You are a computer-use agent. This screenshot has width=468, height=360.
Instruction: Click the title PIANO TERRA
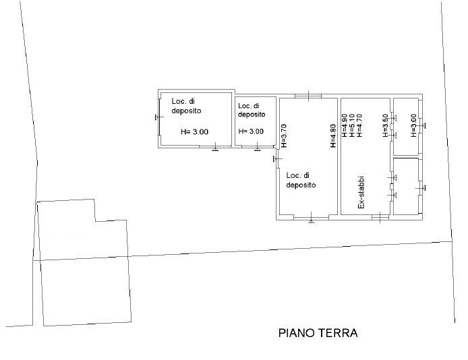318,333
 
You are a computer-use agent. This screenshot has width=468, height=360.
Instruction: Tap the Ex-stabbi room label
361,192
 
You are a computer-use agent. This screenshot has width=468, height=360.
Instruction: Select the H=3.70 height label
283,136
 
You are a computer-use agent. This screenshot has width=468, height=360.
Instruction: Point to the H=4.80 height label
333,136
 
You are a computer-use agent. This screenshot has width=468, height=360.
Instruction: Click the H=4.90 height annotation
345,125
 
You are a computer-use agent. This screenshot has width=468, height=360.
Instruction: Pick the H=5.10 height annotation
352,125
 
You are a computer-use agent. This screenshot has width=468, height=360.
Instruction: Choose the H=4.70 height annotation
359,125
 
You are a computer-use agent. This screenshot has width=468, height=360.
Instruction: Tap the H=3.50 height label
385,125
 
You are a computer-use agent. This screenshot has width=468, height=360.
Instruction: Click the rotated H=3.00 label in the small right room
413,125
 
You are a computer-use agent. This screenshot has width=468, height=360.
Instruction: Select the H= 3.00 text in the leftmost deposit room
195,131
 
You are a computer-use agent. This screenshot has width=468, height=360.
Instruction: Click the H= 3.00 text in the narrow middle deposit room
251,131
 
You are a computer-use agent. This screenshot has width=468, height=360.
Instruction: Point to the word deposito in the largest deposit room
301,185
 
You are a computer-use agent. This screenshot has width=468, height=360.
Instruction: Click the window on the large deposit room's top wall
308,96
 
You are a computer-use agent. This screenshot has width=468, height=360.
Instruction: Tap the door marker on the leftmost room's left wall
159,117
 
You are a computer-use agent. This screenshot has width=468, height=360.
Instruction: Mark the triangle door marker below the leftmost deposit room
214,148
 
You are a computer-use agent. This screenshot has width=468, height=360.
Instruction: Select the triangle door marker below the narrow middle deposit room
258,148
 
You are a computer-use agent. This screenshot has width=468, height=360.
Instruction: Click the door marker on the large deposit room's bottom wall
312,219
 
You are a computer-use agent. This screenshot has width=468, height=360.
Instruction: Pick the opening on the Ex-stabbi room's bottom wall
380,217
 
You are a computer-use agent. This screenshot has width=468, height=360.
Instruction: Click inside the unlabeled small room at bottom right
405,186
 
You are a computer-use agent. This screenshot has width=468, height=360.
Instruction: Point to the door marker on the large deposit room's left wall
278,159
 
